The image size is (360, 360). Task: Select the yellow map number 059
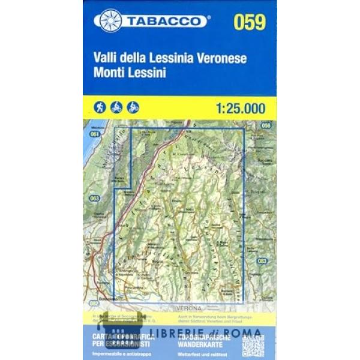pyautogui.click(x=250, y=22)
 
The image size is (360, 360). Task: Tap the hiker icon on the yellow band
pyautogui.click(x=100, y=107)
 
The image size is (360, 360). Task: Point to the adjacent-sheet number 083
pyautogui.click(x=262, y=260)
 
